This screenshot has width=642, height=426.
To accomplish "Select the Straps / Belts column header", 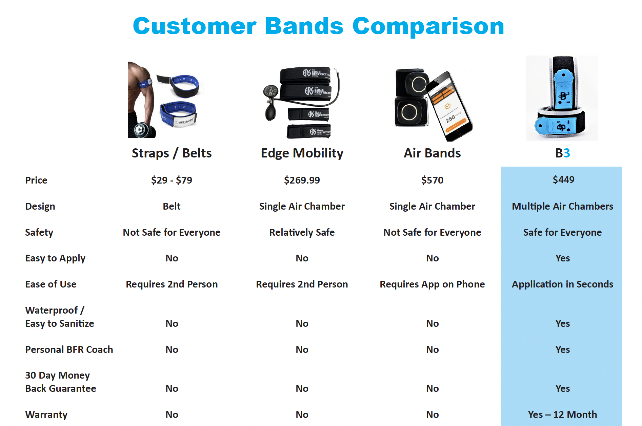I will tap(172, 153).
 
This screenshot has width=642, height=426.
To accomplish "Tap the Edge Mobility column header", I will tap(302, 153).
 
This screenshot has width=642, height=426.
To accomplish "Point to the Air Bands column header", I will tap(432, 153).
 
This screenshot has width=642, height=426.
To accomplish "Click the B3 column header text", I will tap(562, 153).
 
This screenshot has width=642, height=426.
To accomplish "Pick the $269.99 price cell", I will tap(302, 180).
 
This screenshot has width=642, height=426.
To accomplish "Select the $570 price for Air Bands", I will tap(432, 180).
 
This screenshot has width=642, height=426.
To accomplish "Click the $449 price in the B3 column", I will tap(563, 180).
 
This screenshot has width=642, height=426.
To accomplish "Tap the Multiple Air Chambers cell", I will tap(562, 206).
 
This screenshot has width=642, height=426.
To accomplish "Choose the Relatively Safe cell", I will tap(302, 232).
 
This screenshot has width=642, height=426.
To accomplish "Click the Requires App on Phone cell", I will tap(432, 284).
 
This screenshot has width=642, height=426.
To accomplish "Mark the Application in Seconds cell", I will tap(562, 284).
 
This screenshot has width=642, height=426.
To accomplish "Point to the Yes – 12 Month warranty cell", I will tap(562, 414).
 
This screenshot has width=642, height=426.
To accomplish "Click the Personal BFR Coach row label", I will tap(69, 349).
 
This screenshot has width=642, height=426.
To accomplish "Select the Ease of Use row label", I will tap(51, 284).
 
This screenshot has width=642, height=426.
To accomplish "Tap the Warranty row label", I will tap(46, 414).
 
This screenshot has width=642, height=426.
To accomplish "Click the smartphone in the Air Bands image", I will tap(449, 107).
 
